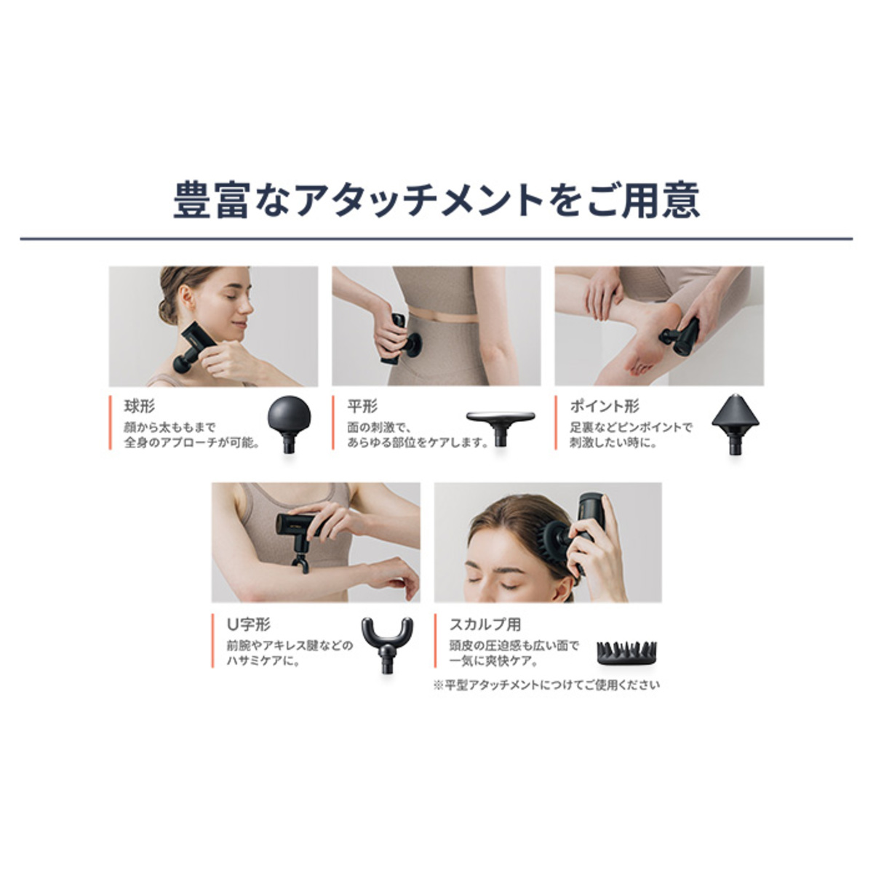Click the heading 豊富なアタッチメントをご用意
pyautogui.click(x=436, y=200)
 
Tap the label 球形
pyautogui.click(x=140, y=407)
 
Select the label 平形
pyautogui.click(x=362, y=407)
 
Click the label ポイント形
pyautogui.click(x=604, y=407)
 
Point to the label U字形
pyautogui.click(x=248, y=625)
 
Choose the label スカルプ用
pyautogui.click(x=485, y=625)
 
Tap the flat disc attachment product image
pyautogui.click(x=501, y=428)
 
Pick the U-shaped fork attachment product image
pyautogui.click(x=387, y=645)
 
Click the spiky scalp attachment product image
pyautogui.click(x=627, y=653)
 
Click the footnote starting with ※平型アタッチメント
pyautogui.click(x=547, y=685)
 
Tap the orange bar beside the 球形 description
pyautogui.click(x=110, y=423)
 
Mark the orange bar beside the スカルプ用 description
pyautogui.click(x=435, y=641)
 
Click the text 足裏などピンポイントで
pyautogui.click(x=631, y=427)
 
